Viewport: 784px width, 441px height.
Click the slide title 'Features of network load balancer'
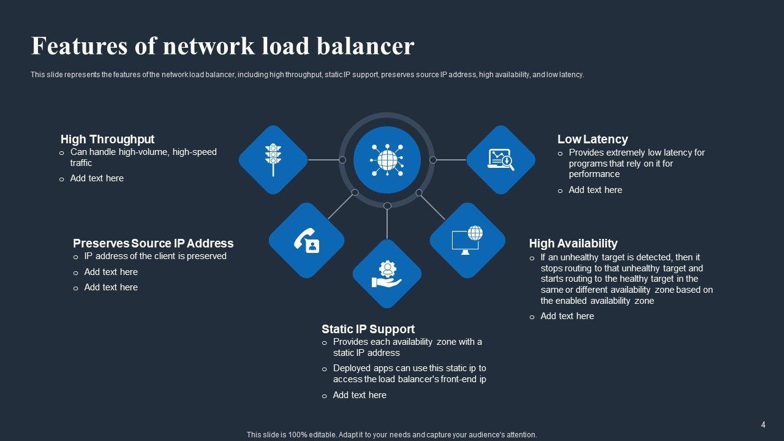coord(222,47)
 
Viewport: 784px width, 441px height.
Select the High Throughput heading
coord(107,139)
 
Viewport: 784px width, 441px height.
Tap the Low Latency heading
coord(592,139)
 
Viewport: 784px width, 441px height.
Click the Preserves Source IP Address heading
coord(153,243)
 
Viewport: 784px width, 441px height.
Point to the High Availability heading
coord(573,243)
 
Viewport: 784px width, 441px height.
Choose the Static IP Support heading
coord(367,329)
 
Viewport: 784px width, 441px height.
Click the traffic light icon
coord(273,160)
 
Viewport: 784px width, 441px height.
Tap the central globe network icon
coord(387,160)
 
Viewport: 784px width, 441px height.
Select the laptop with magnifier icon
coord(501,160)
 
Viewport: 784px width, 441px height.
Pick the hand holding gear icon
coord(387,274)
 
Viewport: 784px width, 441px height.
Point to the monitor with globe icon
coord(467,239)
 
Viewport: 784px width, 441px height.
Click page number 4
coord(763,424)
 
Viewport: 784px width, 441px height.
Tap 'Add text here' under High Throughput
coord(97,178)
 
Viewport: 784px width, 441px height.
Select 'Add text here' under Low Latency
coord(595,190)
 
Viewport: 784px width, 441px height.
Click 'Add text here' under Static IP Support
coord(360,395)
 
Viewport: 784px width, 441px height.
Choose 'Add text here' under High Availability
coord(567,316)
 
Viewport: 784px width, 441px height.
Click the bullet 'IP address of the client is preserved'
coord(155,256)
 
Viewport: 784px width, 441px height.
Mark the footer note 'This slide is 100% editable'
coord(391,435)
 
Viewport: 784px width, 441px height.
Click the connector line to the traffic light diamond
coord(323,160)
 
